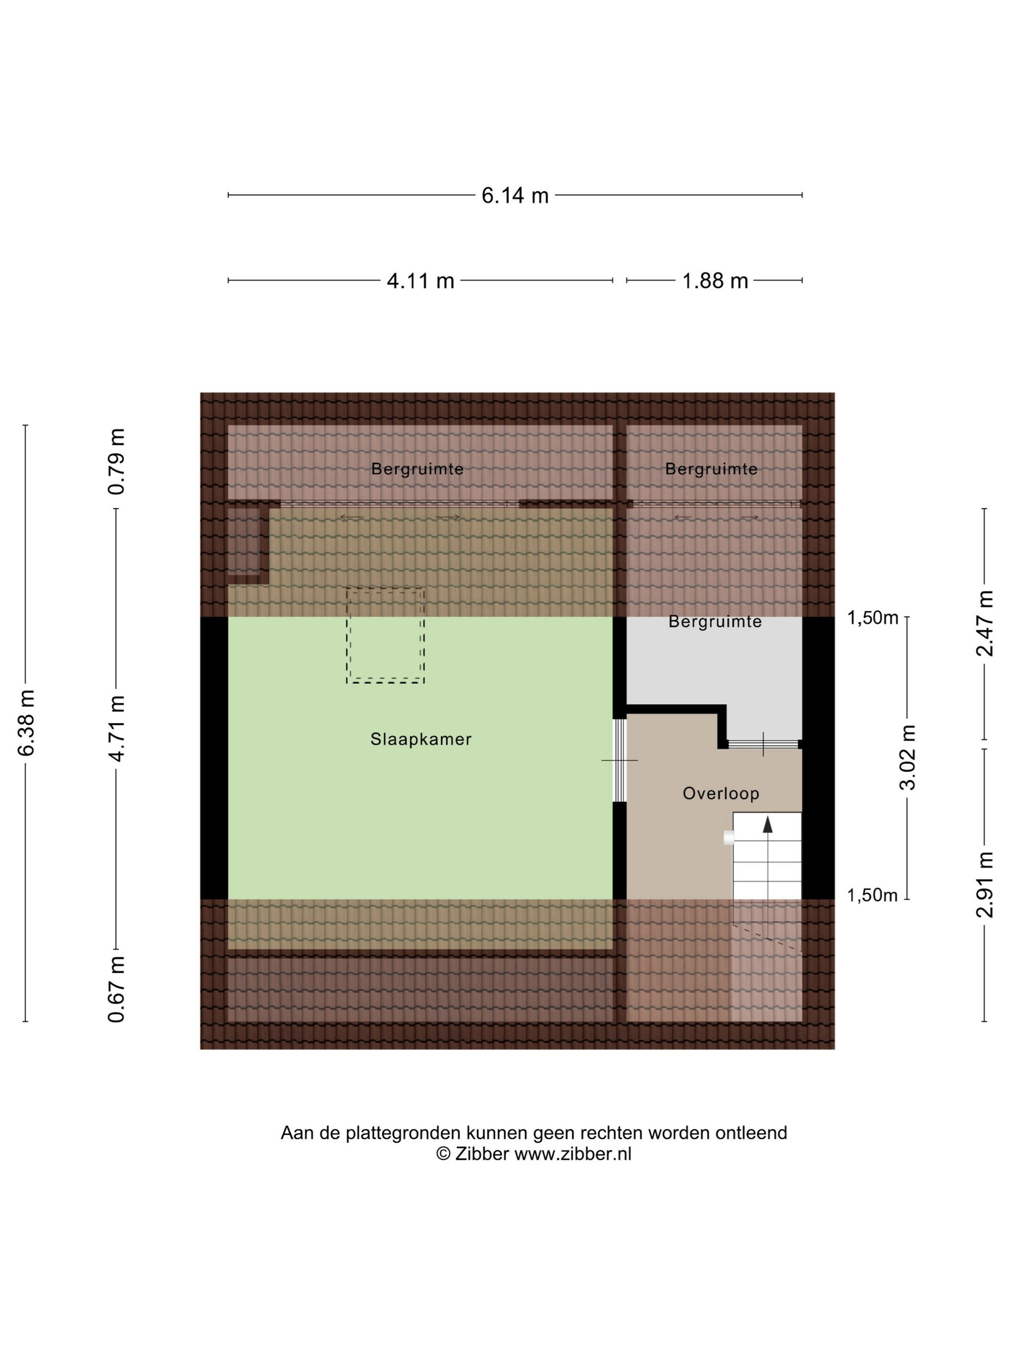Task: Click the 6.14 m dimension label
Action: pyautogui.click(x=515, y=195)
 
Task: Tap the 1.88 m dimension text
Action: pyautogui.click(x=715, y=281)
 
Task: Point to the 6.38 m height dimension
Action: pyautogui.click(x=26, y=723)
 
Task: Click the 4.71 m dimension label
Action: pyautogui.click(x=116, y=728)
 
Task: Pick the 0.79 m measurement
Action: pyautogui.click(x=116, y=461)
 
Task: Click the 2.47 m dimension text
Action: pyautogui.click(x=985, y=623)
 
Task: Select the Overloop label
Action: pyautogui.click(x=721, y=793)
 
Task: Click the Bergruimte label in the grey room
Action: pyautogui.click(x=715, y=622)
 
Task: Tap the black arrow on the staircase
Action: pyautogui.click(x=768, y=824)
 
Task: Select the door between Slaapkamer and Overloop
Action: pyautogui.click(x=619, y=760)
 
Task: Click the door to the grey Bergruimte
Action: pyautogui.click(x=763, y=744)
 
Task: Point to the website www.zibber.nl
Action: pyautogui.click(x=573, y=1154)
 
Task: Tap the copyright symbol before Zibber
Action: pyautogui.click(x=443, y=1154)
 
